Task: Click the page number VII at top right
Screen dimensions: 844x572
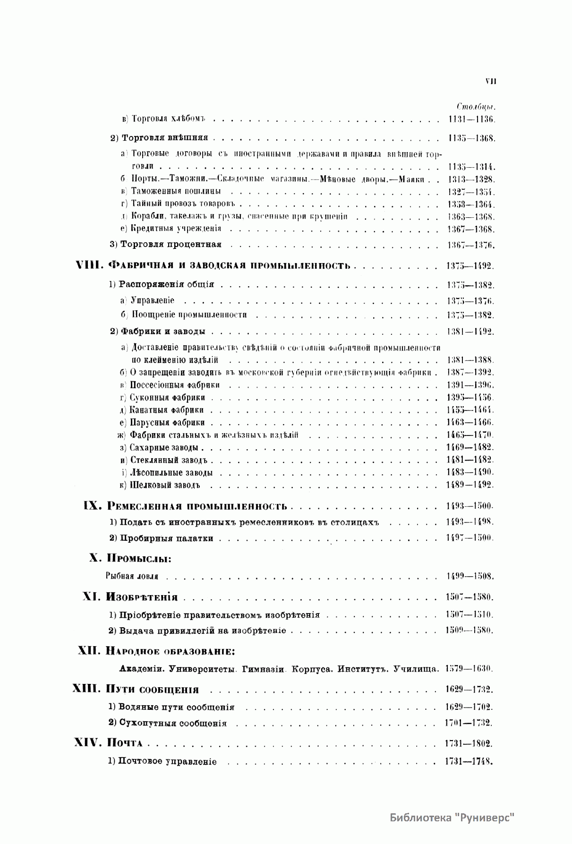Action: tap(490, 81)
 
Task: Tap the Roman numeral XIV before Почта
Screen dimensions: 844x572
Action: tap(88, 743)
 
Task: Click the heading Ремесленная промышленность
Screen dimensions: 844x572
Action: tap(197, 506)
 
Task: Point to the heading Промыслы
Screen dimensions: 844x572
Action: tap(139, 558)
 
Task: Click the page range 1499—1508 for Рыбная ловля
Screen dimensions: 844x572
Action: tap(470, 576)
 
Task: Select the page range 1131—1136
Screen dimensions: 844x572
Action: tap(471, 119)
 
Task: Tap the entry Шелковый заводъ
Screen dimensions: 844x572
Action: tap(165, 485)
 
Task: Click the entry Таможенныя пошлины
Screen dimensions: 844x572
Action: tap(176, 192)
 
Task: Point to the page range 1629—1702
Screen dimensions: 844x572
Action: tap(469, 707)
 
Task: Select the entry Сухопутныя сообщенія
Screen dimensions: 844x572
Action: tap(172, 723)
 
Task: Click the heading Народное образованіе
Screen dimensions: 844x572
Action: tap(171, 651)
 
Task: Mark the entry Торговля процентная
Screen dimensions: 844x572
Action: tap(171, 245)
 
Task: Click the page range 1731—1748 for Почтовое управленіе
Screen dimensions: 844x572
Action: tap(469, 761)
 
